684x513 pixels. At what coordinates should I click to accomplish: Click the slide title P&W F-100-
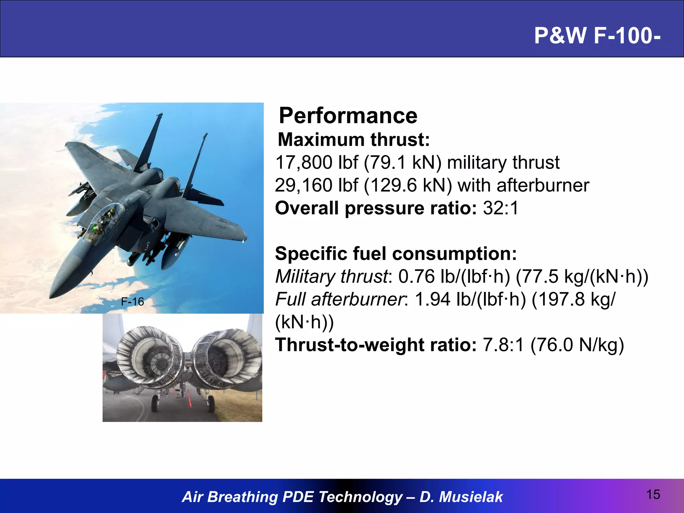[597, 35]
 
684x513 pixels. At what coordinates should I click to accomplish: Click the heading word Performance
[348, 116]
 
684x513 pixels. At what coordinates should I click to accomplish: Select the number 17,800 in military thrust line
[304, 163]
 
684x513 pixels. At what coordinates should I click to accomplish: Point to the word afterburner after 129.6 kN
[543, 185]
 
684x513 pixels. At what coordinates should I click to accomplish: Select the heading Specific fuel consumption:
[396, 254]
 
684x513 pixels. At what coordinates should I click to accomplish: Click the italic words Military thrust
[331, 277]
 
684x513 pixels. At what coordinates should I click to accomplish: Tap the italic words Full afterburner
[339, 299]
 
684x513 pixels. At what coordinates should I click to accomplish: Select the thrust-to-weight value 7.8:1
[503, 345]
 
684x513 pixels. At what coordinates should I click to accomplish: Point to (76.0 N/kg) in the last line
[577, 345]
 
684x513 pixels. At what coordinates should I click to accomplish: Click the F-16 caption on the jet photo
[132, 302]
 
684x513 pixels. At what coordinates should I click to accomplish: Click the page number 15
[653, 495]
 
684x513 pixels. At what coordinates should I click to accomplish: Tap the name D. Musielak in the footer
[461, 497]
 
